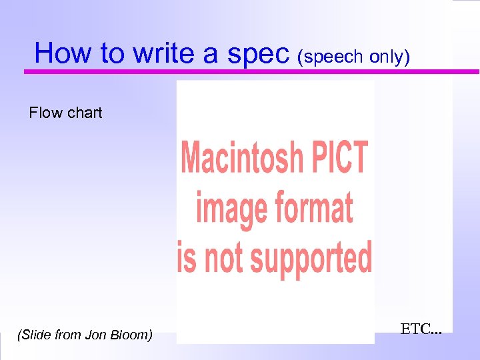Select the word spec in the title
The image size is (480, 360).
coord(259,53)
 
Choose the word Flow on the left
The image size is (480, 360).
coord(45,113)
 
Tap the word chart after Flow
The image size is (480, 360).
coord(84,113)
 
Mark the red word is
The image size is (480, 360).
coord(187,257)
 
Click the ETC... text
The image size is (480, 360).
coord(421,328)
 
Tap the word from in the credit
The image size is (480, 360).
coord(69,335)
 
